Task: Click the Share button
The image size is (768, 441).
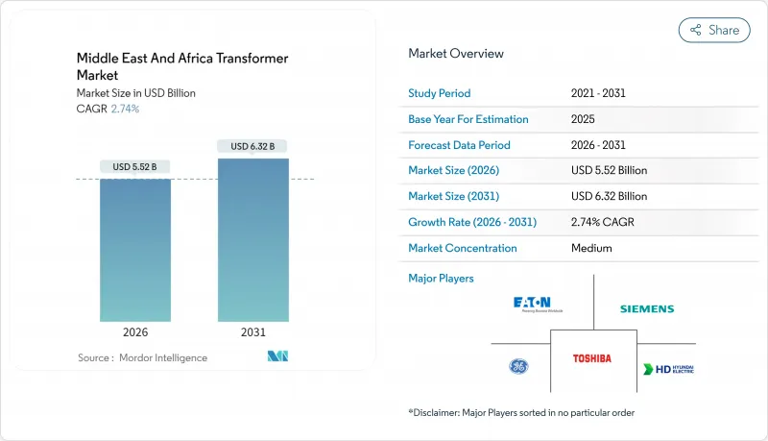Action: coord(714,30)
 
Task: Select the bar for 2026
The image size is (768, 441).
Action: coord(135,250)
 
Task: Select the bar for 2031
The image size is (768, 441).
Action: coord(252,240)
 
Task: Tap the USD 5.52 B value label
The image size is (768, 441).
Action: coord(135,167)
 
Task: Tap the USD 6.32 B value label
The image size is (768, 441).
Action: coord(252,146)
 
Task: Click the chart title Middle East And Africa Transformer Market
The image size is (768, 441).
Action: coord(182,66)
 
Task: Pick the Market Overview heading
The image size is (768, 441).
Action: coord(455,54)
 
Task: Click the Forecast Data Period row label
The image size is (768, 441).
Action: coord(459,145)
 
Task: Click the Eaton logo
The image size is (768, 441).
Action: coord(538,306)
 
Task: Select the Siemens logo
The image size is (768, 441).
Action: coord(646,309)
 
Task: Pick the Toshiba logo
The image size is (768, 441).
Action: coord(591,358)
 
